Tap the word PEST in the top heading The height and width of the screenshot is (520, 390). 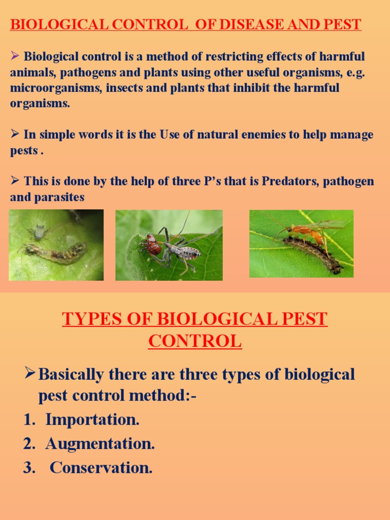coord(343,25)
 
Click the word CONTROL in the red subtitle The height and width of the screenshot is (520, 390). coord(195,341)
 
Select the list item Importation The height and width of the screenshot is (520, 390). coord(92,420)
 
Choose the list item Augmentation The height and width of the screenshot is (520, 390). coord(100,444)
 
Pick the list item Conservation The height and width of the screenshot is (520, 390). coord(101,468)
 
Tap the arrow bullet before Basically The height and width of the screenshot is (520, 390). coord(30,375)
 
